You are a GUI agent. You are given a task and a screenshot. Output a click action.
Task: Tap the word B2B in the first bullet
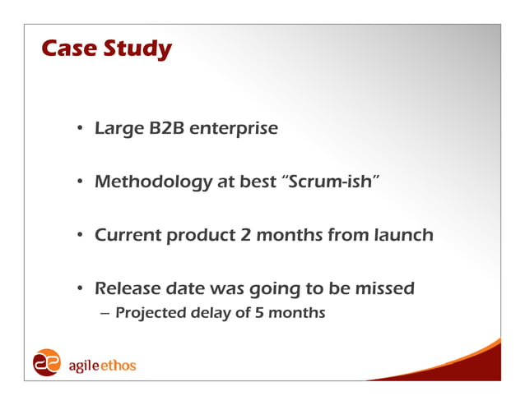tap(167, 129)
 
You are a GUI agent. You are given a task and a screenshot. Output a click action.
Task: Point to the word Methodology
tap(153, 182)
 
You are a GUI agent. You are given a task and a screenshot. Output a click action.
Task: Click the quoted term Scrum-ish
tap(331, 182)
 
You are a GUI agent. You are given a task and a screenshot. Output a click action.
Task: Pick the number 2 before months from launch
tap(244, 235)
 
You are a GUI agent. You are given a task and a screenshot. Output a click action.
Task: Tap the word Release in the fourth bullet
tap(128, 288)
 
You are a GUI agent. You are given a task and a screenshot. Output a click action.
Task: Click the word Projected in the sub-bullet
tap(150, 313)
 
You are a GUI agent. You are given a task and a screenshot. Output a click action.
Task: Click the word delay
tap(213, 313)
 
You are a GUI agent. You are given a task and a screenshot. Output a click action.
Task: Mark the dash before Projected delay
tap(105, 313)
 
